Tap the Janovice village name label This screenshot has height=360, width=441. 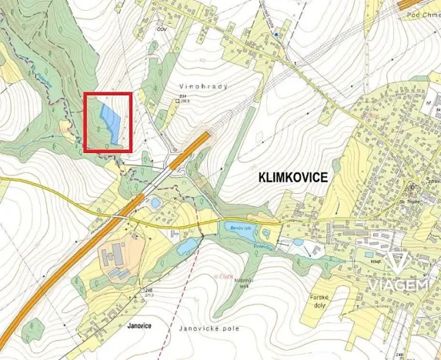point(142,325)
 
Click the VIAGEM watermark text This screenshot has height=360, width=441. point(397,286)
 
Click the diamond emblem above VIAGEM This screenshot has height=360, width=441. point(397,262)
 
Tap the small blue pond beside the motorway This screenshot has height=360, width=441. point(155,203)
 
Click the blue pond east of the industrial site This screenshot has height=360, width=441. point(186,246)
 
